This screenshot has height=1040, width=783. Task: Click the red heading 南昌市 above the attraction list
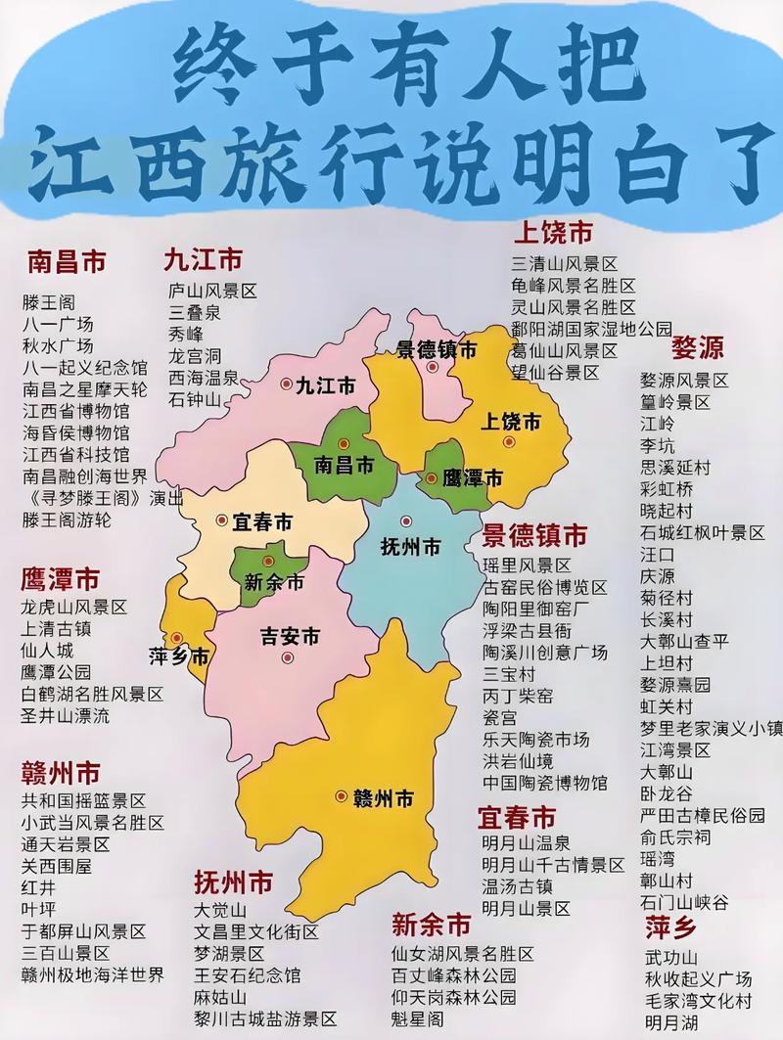point(67,262)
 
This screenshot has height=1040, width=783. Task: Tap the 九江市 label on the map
point(326,386)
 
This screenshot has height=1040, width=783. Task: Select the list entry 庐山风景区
point(212,291)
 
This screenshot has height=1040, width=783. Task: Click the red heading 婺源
point(698,349)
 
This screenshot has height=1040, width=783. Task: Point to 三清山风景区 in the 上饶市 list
point(565,264)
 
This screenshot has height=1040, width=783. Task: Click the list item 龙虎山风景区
point(74,607)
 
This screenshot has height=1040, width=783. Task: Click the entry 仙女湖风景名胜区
point(462,954)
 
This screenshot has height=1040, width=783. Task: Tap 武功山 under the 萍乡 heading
point(671,958)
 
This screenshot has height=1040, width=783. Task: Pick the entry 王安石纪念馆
point(248,975)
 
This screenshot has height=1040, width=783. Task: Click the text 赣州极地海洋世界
point(93,974)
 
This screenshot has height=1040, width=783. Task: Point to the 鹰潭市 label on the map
point(472,478)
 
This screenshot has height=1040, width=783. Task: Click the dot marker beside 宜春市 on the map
point(222,520)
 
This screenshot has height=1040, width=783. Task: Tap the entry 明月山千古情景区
point(553,865)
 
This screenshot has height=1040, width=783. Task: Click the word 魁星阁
point(417,1018)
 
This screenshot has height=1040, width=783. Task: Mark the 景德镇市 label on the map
point(437,350)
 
